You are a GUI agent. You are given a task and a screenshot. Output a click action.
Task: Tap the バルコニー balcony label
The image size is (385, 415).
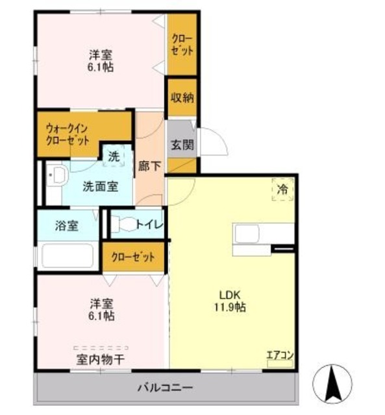(164, 388)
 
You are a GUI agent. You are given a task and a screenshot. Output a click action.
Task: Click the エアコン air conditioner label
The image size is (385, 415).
(280, 355)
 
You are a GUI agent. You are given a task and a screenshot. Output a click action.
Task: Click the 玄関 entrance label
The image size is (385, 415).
(182, 145)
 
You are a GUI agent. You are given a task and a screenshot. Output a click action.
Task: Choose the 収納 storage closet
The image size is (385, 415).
(182, 98)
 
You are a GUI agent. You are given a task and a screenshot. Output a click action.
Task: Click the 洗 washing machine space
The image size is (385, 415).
(114, 156)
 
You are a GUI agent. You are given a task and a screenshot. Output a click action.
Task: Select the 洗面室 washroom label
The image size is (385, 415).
(99, 186)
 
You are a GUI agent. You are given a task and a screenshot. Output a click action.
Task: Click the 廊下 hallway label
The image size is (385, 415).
(149, 165)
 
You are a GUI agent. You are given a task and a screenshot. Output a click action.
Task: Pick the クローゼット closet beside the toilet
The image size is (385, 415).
(133, 257)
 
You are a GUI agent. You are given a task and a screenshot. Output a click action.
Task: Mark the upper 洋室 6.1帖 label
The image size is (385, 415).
(101, 60)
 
